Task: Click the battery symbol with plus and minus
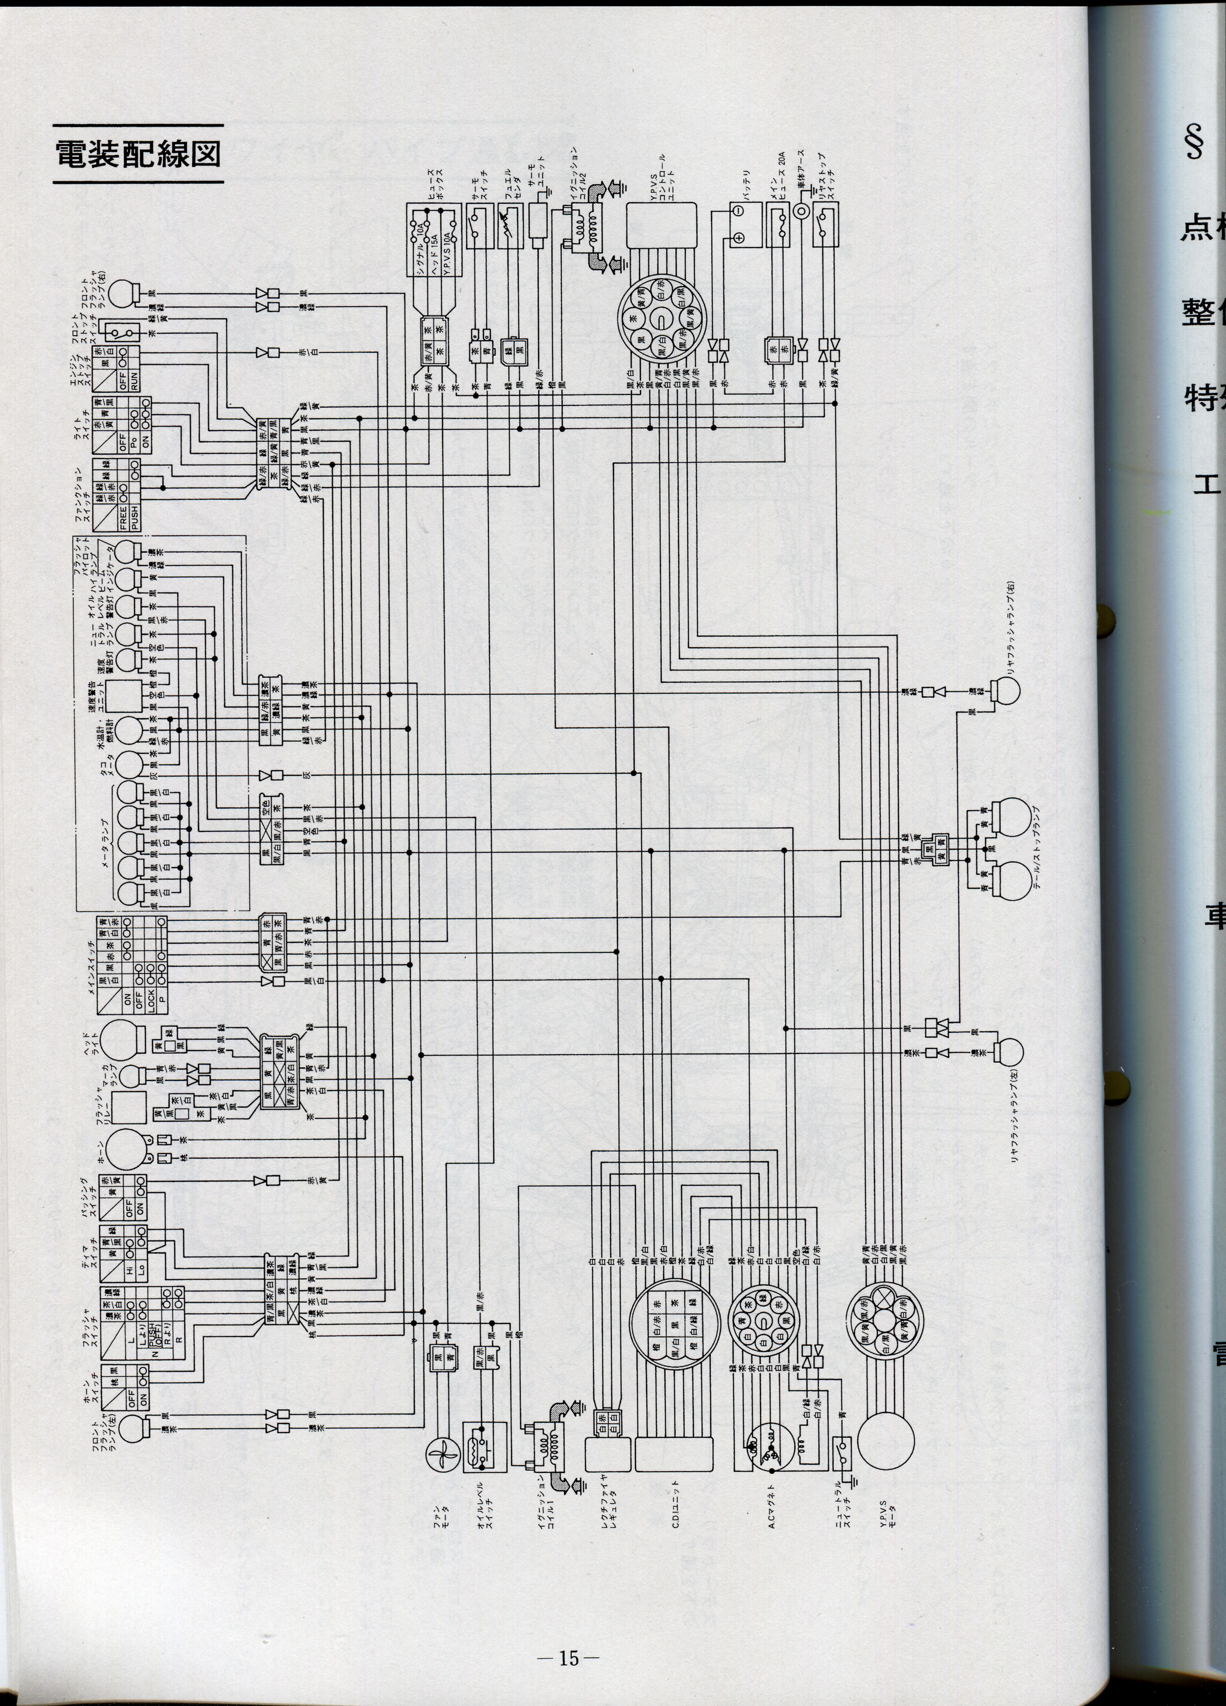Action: [x=739, y=224]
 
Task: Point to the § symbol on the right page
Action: [x=1193, y=141]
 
